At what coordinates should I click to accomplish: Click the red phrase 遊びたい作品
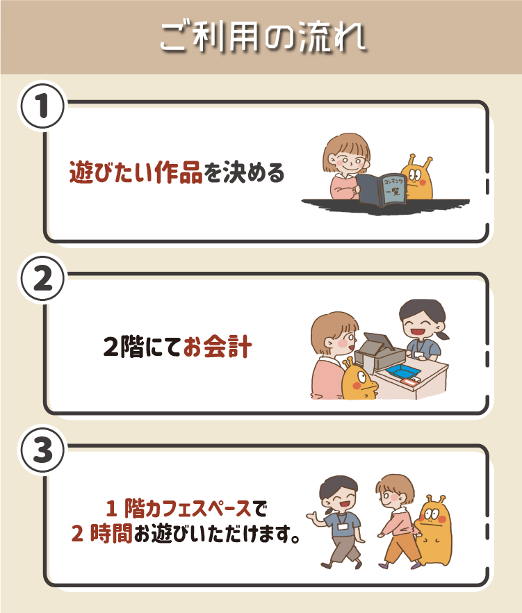tap(136, 172)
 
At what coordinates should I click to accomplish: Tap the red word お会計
tap(217, 346)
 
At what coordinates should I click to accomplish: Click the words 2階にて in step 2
tap(142, 346)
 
